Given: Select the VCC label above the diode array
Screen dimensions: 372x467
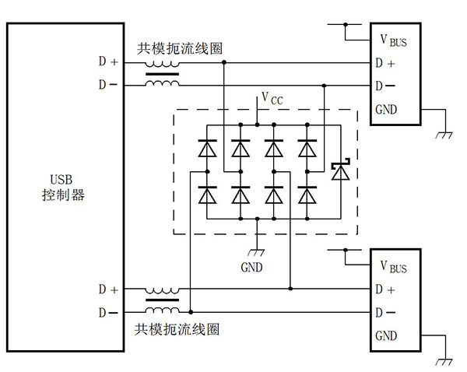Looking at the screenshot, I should [272, 98].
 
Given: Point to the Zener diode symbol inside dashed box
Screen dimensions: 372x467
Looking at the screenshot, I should [339, 170].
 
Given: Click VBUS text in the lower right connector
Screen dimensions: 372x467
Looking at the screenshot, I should [392, 267].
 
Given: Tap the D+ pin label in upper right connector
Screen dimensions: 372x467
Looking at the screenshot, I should [384, 63].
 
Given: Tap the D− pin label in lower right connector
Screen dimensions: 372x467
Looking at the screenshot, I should [384, 312].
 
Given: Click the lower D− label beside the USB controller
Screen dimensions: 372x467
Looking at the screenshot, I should [109, 312].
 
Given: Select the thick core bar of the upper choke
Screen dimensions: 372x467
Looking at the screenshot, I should [162, 75].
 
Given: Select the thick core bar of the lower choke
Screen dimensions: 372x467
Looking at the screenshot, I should [162, 300].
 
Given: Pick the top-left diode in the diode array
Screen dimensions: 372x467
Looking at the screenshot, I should [207, 147].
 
